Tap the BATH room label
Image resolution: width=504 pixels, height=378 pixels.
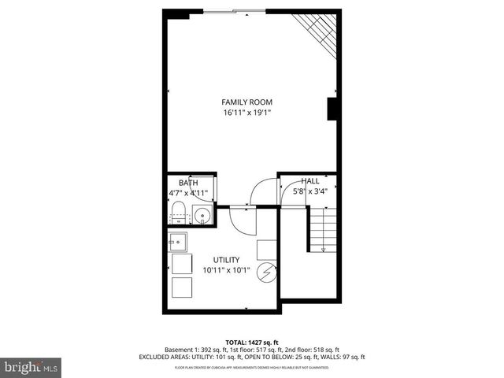(x=187, y=182)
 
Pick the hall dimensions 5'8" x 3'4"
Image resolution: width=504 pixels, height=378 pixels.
(x=309, y=191)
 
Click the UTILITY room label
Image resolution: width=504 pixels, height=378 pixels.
(x=226, y=260)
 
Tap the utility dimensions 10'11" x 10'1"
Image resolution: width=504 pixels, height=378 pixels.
(x=226, y=270)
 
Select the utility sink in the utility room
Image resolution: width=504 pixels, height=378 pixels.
(x=179, y=241)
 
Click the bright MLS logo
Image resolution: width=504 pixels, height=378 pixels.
(x=31, y=367)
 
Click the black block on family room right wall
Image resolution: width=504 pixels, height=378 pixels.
(x=332, y=109)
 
